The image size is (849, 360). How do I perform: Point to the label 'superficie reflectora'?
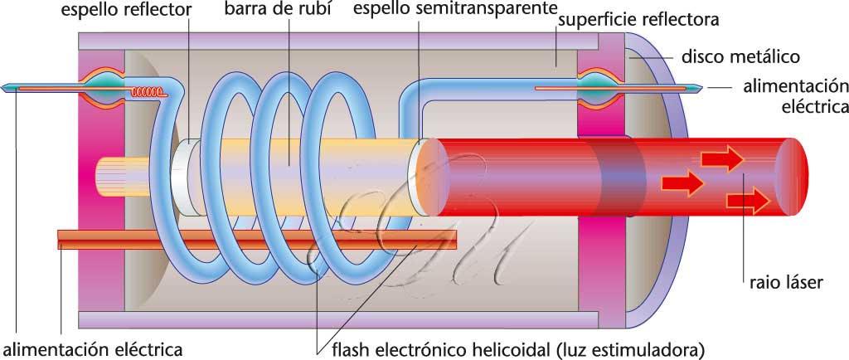pyautogui.click(x=638, y=19)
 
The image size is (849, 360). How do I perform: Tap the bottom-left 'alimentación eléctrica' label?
pyautogui.click(x=91, y=345)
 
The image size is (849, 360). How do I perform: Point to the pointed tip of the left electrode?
pyautogui.click(x=7, y=87)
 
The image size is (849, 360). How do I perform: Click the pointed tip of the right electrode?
pyautogui.click(x=705, y=87)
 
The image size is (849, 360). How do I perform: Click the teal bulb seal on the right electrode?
pyautogui.click(x=597, y=86)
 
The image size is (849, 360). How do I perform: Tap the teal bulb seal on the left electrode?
pyautogui.click(x=106, y=87)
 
